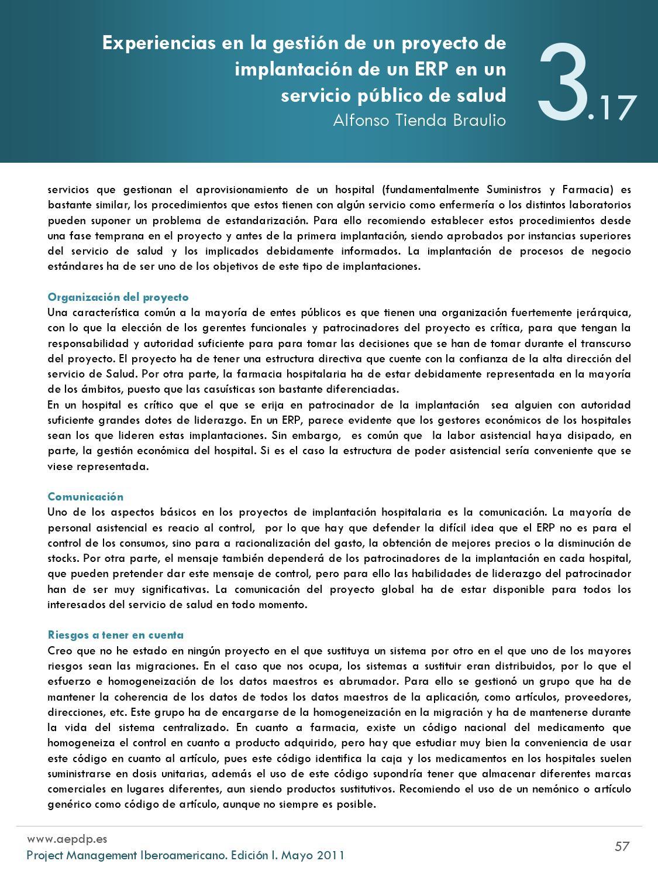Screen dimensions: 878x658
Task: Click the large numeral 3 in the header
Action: [x=563, y=83]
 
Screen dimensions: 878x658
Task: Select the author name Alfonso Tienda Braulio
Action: [x=419, y=120]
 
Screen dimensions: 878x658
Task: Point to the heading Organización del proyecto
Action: [x=118, y=297]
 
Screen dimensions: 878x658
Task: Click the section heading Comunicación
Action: [x=85, y=497]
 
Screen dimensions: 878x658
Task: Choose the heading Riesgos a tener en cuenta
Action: [x=116, y=635]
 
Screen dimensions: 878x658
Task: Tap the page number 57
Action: [x=622, y=846]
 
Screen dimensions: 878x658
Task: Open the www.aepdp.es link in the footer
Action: [x=67, y=839]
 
